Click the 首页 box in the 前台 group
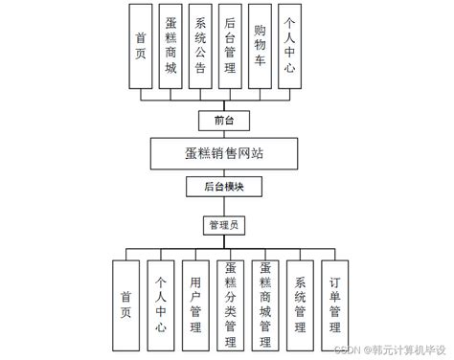(x=141, y=45)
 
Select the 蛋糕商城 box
(x=170, y=45)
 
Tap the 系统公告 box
(x=200, y=45)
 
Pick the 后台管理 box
(x=230, y=45)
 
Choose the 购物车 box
(x=260, y=45)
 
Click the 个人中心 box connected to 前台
(x=290, y=45)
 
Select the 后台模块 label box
(x=226, y=186)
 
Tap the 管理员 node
(x=226, y=226)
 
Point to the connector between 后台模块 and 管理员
(x=226, y=206)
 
